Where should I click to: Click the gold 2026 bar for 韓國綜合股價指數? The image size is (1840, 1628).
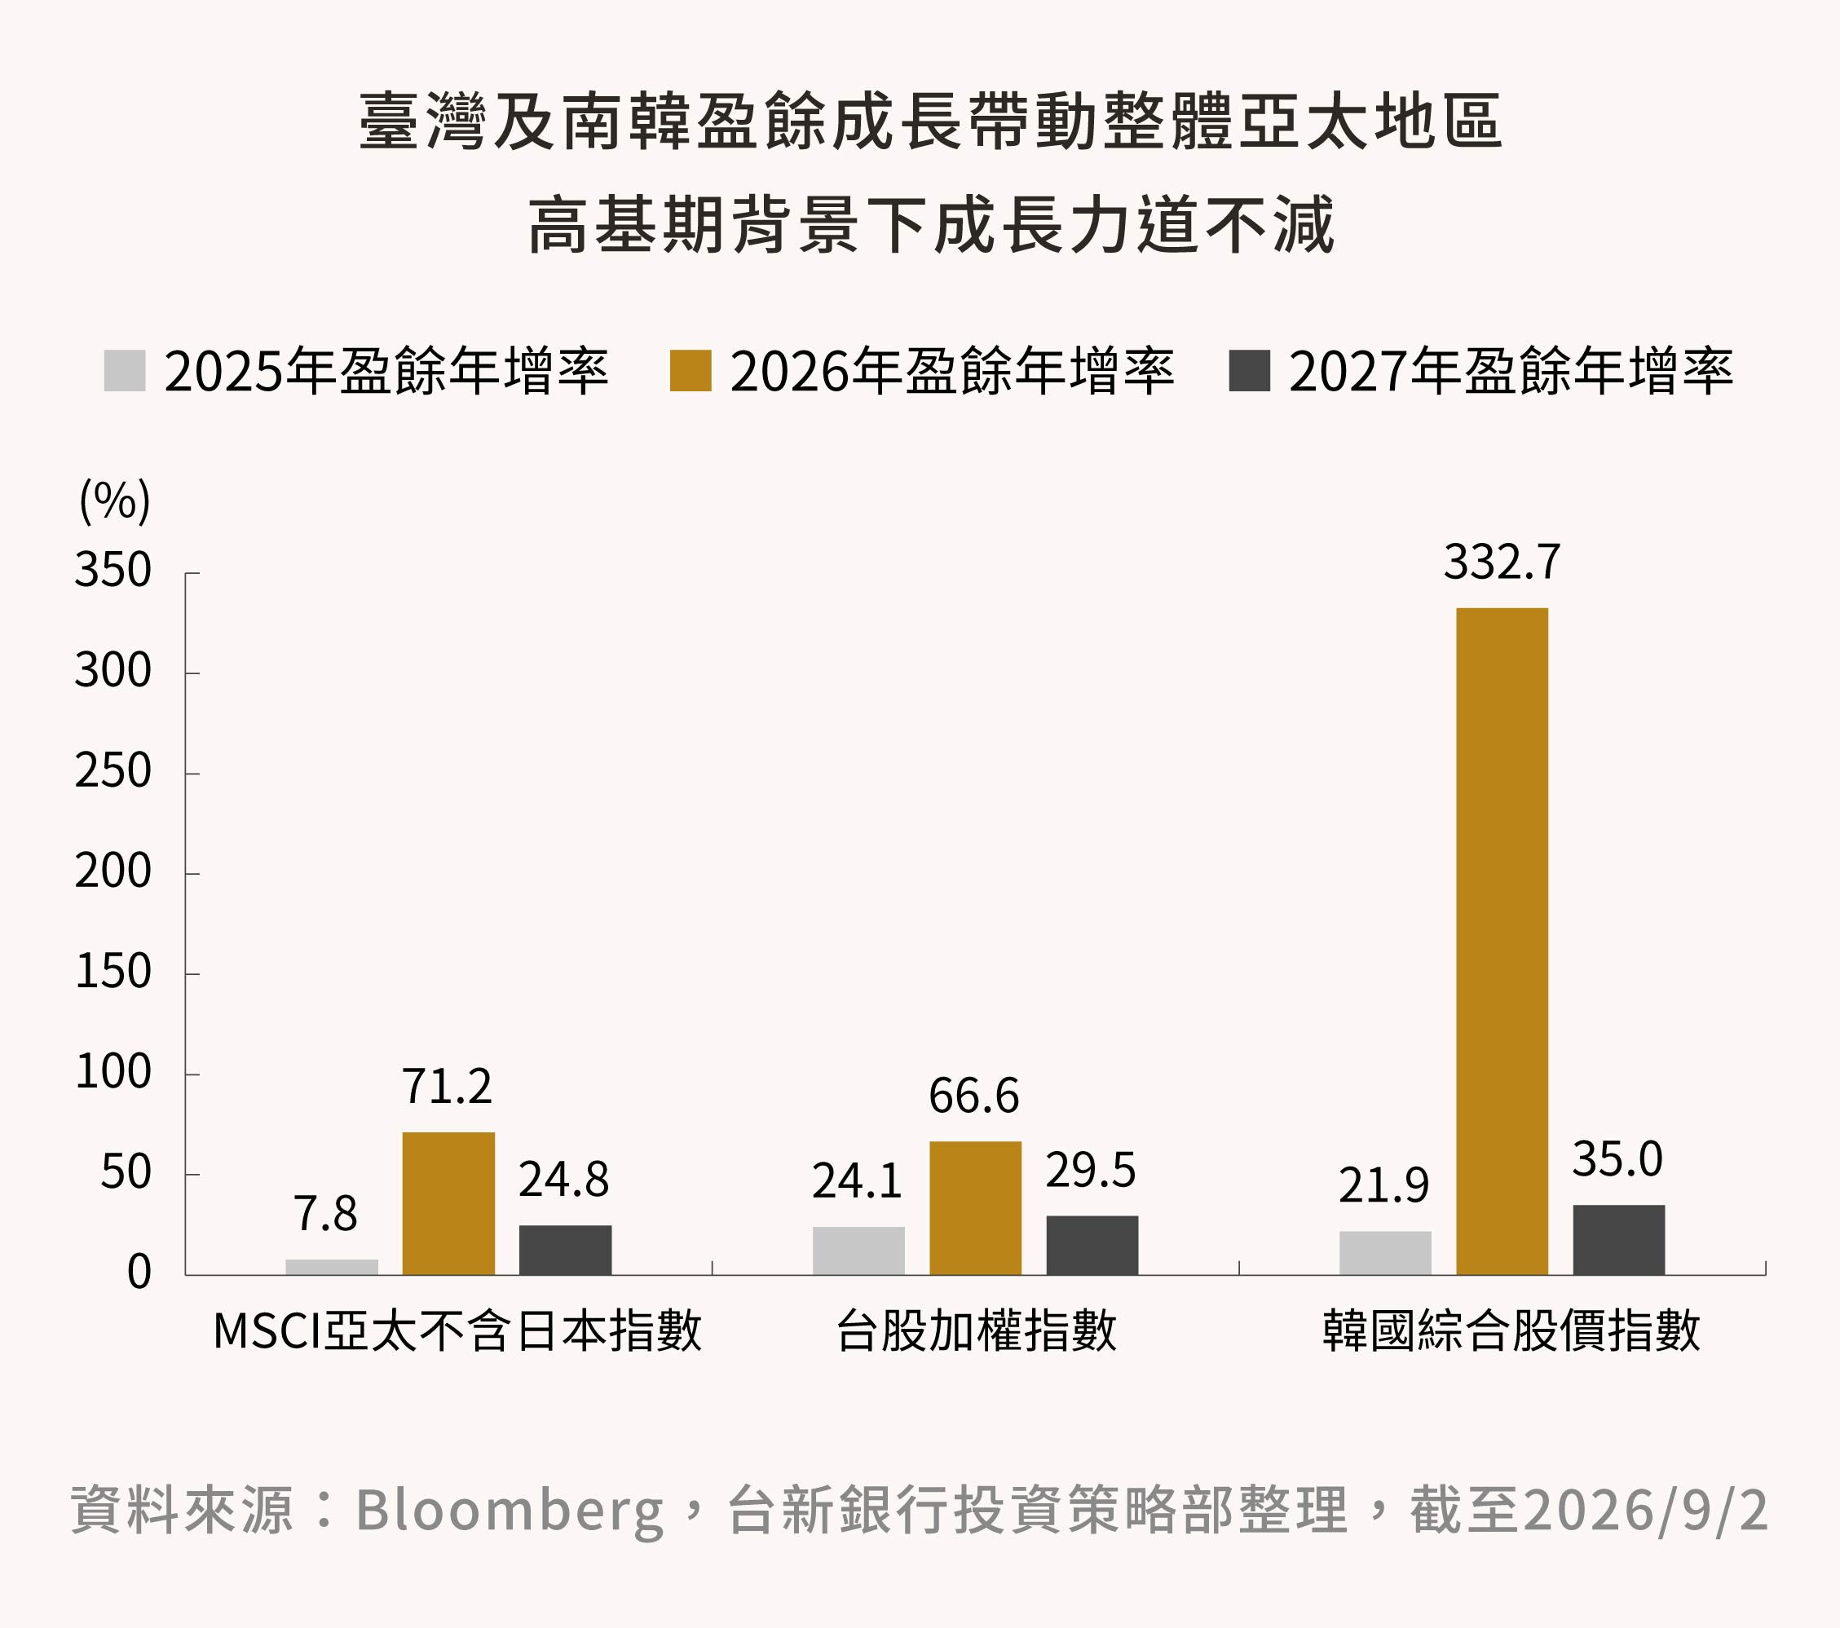(x=1502, y=942)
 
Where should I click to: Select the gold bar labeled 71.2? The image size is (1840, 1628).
(x=448, y=1204)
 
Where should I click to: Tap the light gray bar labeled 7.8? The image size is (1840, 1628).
(x=332, y=1267)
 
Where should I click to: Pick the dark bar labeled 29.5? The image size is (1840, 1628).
(x=1092, y=1246)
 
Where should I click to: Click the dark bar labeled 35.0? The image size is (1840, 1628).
(x=1618, y=1240)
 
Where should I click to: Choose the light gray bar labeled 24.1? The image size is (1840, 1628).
(x=858, y=1251)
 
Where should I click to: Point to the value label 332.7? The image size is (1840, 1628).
(x=1502, y=563)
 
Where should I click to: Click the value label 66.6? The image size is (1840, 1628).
(x=974, y=1096)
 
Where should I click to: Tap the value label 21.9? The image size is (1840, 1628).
(x=1383, y=1185)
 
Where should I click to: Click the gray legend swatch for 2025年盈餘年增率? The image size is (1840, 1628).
(x=124, y=371)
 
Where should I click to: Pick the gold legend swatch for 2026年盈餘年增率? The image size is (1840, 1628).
(x=691, y=371)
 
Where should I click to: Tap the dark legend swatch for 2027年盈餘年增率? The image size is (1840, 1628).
(x=1250, y=371)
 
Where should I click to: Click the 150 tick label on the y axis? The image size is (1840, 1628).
(x=113, y=973)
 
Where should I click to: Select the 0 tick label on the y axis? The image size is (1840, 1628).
(x=139, y=1273)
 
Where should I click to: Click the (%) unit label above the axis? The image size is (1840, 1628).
(x=115, y=501)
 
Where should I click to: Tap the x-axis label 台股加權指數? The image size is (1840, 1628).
(x=976, y=1331)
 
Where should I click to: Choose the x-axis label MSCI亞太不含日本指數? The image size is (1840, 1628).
(x=457, y=1331)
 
